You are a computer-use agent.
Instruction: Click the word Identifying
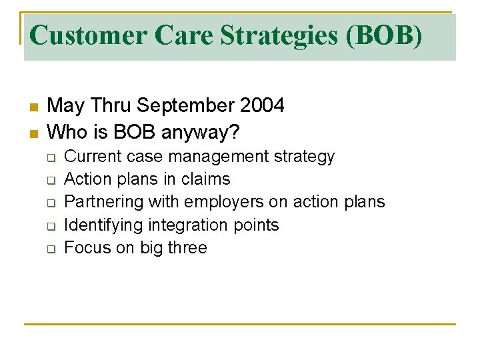[104, 225]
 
